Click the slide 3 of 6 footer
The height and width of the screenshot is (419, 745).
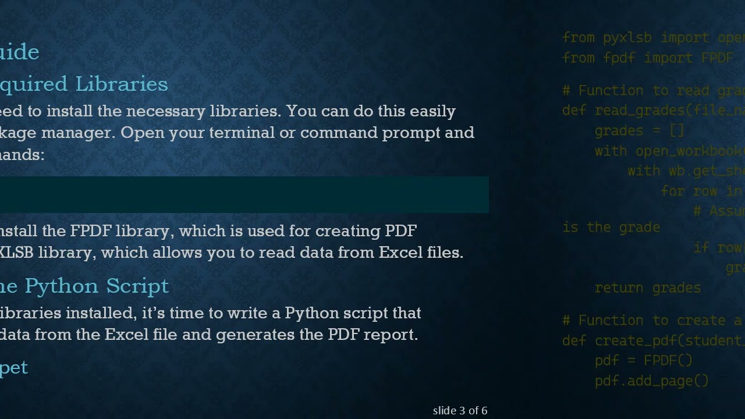coord(460,411)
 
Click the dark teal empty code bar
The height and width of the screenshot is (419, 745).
coord(244,194)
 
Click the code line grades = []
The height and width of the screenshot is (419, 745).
coord(639,131)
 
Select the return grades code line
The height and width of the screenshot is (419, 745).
coord(647,287)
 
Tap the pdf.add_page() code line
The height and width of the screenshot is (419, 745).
coord(651,381)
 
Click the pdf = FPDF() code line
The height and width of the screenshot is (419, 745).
coord(643,361)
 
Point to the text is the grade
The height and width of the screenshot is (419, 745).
coord(611,228)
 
